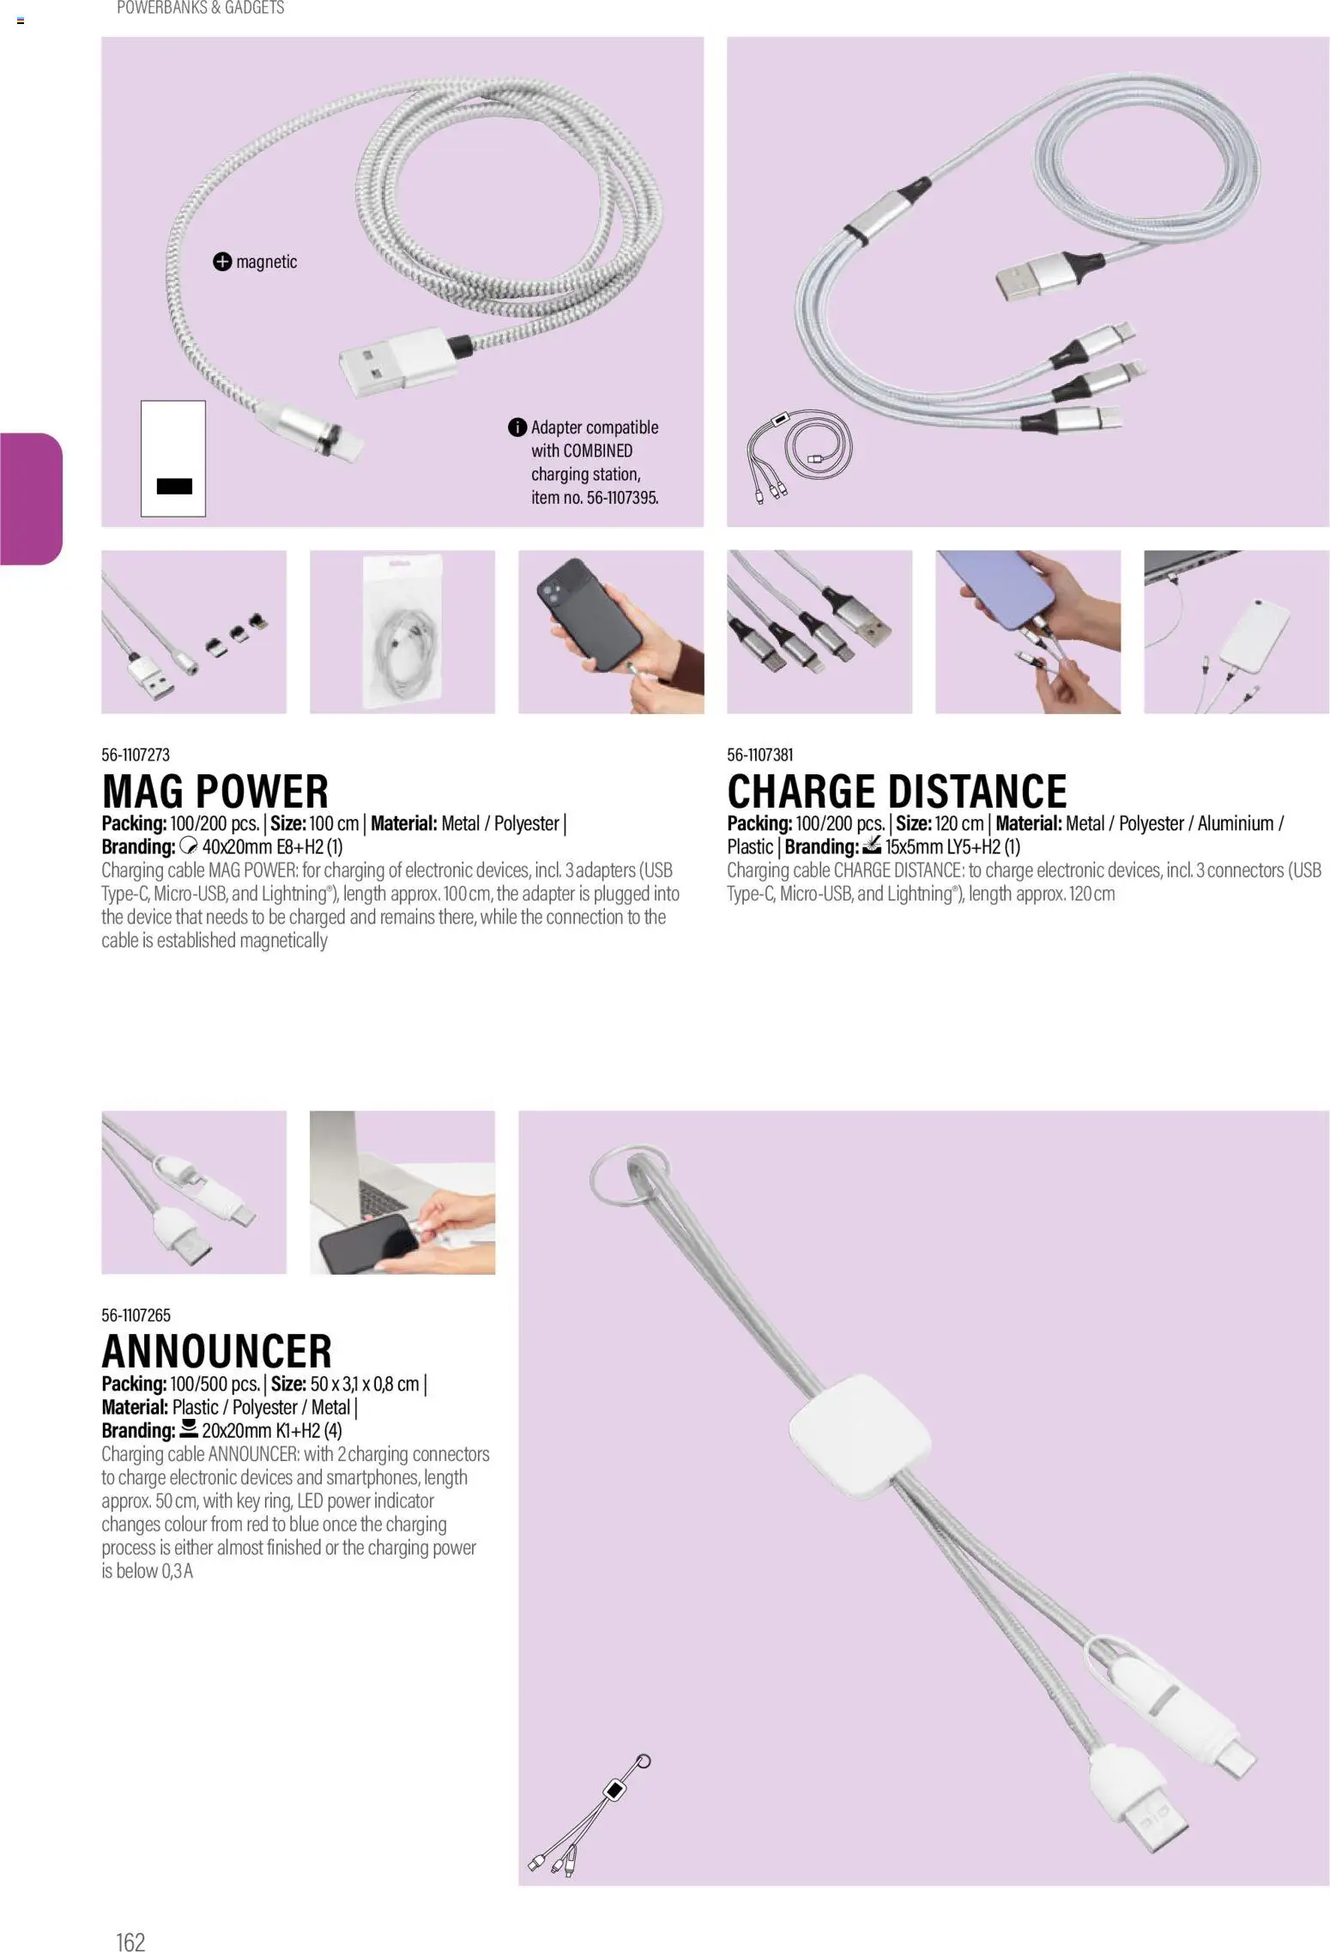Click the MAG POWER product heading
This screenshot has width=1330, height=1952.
215,791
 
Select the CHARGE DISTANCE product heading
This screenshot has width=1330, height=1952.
897,791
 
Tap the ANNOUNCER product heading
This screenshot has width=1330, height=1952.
216,1351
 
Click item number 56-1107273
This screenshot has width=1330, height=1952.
136,755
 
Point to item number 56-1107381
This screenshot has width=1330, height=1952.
760,755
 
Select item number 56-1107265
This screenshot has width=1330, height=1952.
136,1315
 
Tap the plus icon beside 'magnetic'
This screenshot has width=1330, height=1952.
222,262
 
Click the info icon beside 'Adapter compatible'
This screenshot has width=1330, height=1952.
517,427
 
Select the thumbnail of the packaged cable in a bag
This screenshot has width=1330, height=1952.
402,632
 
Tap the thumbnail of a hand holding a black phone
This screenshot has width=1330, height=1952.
611,632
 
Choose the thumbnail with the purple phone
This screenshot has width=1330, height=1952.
1028,632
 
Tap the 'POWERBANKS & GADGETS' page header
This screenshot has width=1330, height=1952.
201,8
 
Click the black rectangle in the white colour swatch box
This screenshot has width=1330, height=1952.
174,486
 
